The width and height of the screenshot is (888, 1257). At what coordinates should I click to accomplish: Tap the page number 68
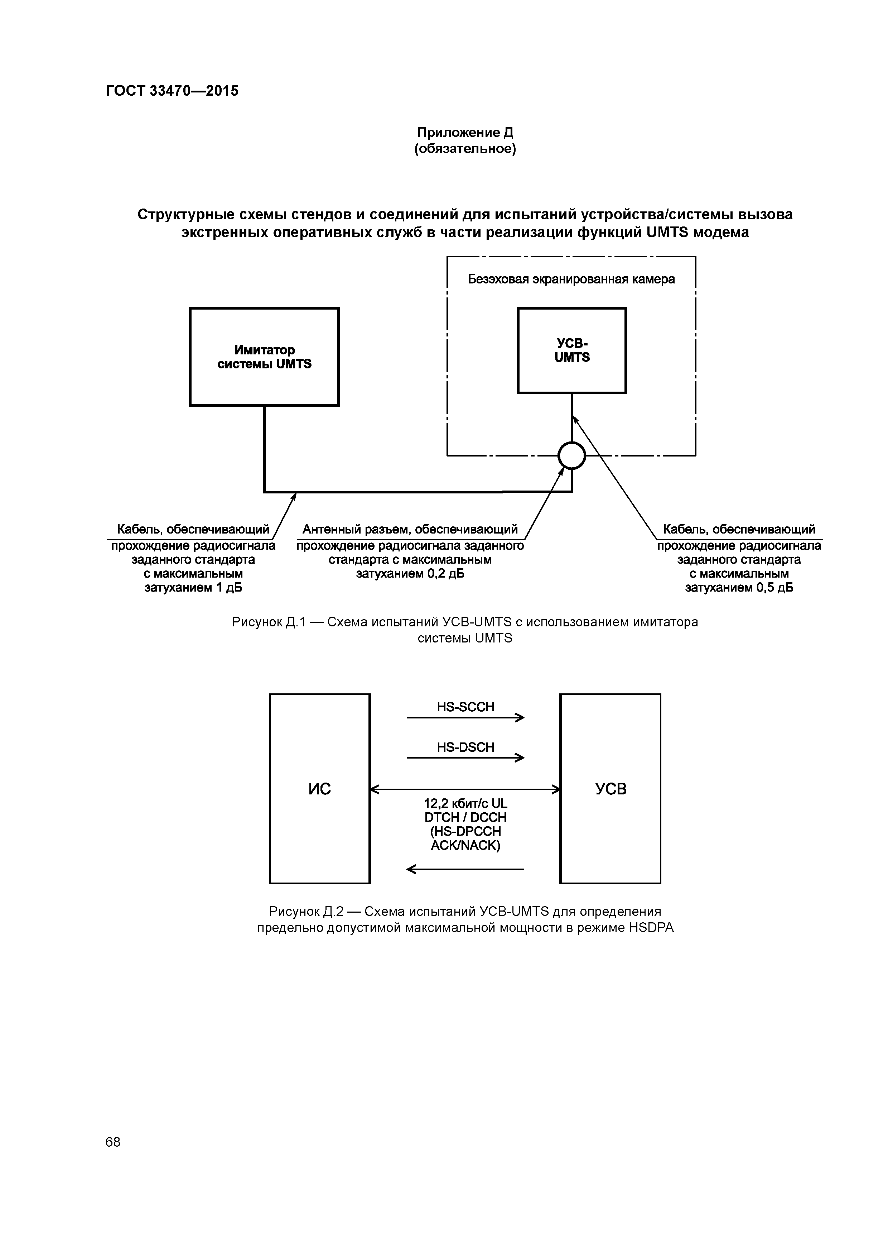(113, 1142)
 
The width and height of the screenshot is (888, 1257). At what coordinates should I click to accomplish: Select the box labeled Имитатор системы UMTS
(264, 357)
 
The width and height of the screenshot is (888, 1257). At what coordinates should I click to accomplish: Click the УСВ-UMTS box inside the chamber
(572, 350)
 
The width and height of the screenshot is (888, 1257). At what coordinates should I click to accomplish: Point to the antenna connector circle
(572, 455)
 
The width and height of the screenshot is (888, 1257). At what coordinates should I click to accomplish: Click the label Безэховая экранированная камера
(571, 279)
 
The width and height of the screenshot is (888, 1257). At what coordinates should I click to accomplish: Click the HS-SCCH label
(465, 707)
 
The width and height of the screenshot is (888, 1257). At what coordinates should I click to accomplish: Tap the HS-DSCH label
(465, 747)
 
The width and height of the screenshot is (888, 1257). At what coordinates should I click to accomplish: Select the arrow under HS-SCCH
(465, 718)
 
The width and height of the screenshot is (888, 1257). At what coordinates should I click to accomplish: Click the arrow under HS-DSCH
(465, 758)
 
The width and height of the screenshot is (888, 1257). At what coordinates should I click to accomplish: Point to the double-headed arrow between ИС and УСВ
(465, 789)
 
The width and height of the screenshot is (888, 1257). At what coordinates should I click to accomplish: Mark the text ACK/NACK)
(465, 846)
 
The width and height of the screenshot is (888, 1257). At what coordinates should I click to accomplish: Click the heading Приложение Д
(465, 133)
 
